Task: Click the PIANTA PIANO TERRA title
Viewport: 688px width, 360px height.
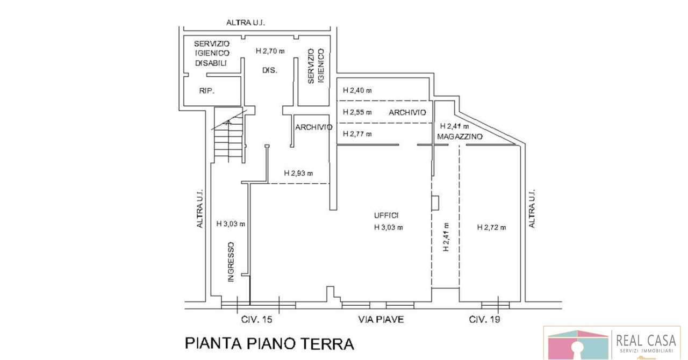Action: pyautogui.click(x=269, y=343)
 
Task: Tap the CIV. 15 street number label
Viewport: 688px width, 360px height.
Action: pyautogui.click(x=257, y=320)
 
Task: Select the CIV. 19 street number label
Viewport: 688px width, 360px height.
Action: pyautogui.click(x=484, y=320)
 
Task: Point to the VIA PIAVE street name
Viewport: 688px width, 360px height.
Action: pyautogui.click(x=381, y=320)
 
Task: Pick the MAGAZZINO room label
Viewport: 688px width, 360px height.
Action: pyautogui.click(x=460, y=136)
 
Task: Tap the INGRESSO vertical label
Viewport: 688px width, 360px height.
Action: pyautogui.click(x=231, y=262)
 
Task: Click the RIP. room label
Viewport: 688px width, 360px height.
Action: pyautogui.click(x=207, y=91)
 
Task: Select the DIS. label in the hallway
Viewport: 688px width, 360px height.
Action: pyautogui.click(x=270, y=70)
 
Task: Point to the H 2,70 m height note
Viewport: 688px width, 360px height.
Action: pyautogui.click(x=270, y=51)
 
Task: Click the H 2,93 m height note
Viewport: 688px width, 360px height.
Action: pyautogui.click(x=298, y=173)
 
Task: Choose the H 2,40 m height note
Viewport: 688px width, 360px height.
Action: pyautogui.click(x=357, y=90)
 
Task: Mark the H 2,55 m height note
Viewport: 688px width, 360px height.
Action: pyautogui.click(x=357, y=112)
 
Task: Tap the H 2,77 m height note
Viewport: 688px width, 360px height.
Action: pyautogui.click(x=357, y=134)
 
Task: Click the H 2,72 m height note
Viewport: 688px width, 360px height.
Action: pyautogui.click(x=491, y=227)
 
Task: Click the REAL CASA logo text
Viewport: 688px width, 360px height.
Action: pyautogui.click(x=646, y=341)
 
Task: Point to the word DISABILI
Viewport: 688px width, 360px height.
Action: pyautogui.click(x=211, y=63)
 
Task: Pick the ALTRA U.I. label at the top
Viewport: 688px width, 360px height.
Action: pyautogui.click(x=246, y=23)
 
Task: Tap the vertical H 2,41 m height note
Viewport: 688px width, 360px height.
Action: pyautogui.click(x=446, y=237)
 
